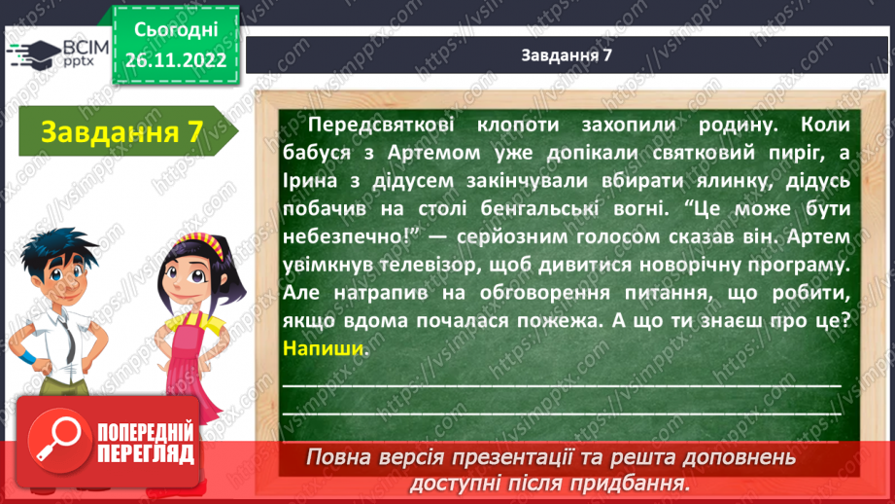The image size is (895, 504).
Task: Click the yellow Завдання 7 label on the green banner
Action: point(116,131)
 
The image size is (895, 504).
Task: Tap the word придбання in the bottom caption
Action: point(637,483)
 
